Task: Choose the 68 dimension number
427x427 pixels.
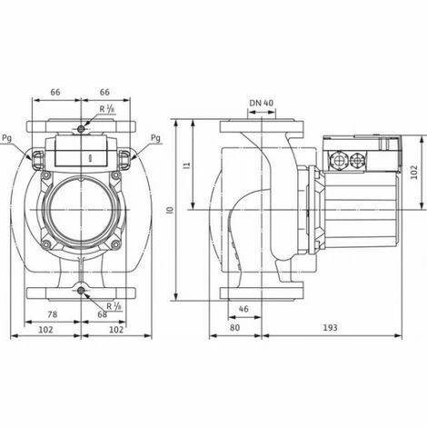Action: pyautogui.click(x=101, y=314)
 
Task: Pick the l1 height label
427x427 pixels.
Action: pyautogui.click(x=185, y=166)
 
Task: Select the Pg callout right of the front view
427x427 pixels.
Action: pyautogui.click(x=155, y=138)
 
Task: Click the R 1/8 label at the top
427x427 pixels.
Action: pyautogui.click(x=108, y=110)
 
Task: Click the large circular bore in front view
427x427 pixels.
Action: pyautogui.click(x=82, y=207)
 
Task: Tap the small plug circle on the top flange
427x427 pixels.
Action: pyautogui.click(x=82, y=132)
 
